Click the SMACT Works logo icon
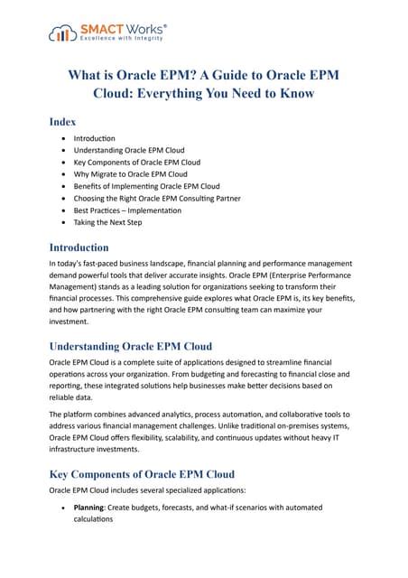click(x=60, y=35)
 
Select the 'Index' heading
click(x=63, y=121)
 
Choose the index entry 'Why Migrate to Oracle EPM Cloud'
click(x=131, y=174)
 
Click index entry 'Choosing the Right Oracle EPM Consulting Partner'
click(x=170, y=198)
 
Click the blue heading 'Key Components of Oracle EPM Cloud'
click(x=142, y=474)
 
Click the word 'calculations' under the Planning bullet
click(x=101, y=520)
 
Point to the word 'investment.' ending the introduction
click(x=76, y=321)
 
